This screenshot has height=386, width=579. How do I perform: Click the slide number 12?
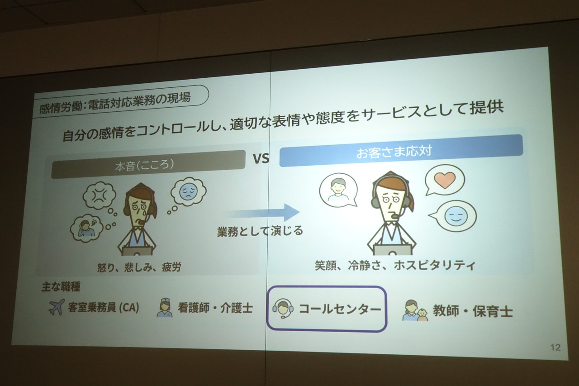tap(555, 347)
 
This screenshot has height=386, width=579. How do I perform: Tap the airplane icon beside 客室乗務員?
tap(57, 307)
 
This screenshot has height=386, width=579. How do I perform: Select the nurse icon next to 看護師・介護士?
tap(164, 308)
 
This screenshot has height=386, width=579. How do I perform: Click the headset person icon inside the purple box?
tap(283, 308)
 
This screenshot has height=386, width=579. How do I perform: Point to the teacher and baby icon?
tap(415, 310)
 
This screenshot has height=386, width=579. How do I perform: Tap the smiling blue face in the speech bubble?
tap(456, 216)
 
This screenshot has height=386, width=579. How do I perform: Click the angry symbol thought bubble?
tap(100, 195)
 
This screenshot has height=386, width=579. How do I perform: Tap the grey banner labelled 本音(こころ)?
tap(148, 164)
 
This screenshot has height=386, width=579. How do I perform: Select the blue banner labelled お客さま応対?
tap(401, 151)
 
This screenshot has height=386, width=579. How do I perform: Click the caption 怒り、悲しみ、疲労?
tap(139, 267)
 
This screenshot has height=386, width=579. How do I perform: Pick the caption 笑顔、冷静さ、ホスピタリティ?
tap(395, 266)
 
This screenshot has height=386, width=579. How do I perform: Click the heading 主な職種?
tap(61, 286)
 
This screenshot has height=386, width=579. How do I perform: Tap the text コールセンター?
tap(340, 309)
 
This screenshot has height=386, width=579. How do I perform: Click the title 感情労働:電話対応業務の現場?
tap(115, 102)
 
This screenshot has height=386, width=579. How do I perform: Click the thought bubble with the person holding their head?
tap(86, 228)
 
